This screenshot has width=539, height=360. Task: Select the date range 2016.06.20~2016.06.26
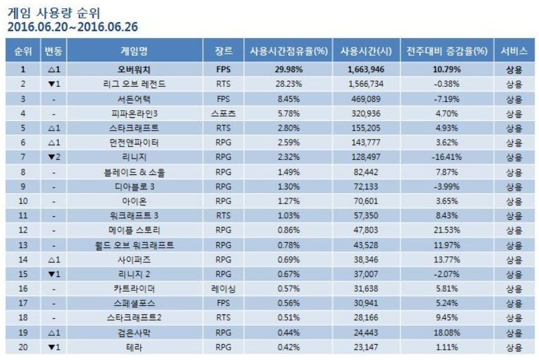coord(72,27)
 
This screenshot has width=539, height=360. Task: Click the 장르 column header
coord(224,51)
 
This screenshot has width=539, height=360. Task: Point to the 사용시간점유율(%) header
coord(288,51)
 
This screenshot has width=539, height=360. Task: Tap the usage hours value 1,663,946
coord(365,69)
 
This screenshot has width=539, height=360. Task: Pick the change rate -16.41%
coord(447,157)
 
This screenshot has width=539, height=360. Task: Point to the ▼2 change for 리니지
coord(54,157)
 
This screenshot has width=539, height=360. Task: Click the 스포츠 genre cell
coord(224,113)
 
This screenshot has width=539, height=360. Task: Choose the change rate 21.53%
coord(447,230)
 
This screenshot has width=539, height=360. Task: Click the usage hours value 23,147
coord(365,347)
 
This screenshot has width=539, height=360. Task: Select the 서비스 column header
coord(513,51)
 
